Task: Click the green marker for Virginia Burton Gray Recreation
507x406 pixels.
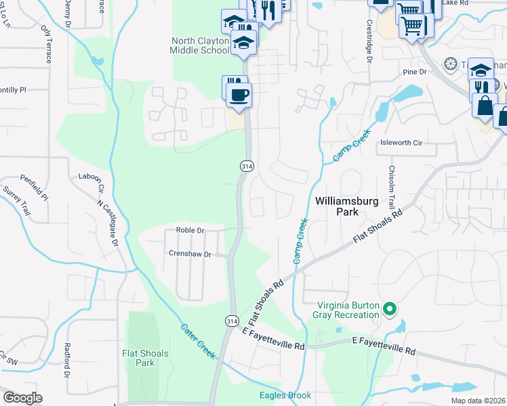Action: pyautogui.click(x=389, y=309)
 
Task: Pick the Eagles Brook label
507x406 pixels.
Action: pyautogui.click(x=285, y=396)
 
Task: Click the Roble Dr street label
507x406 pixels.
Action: pyautogui.click(x=190, y=230)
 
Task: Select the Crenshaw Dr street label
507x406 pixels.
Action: pyautogui.click(x=190, y=254)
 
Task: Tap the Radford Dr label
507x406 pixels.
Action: pyautogui.click(x=67, y=361)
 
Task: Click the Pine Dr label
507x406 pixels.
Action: pyautogui.click(x=413, y=71)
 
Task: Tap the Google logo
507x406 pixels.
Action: pyautogui.click(x=22, y=398)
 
